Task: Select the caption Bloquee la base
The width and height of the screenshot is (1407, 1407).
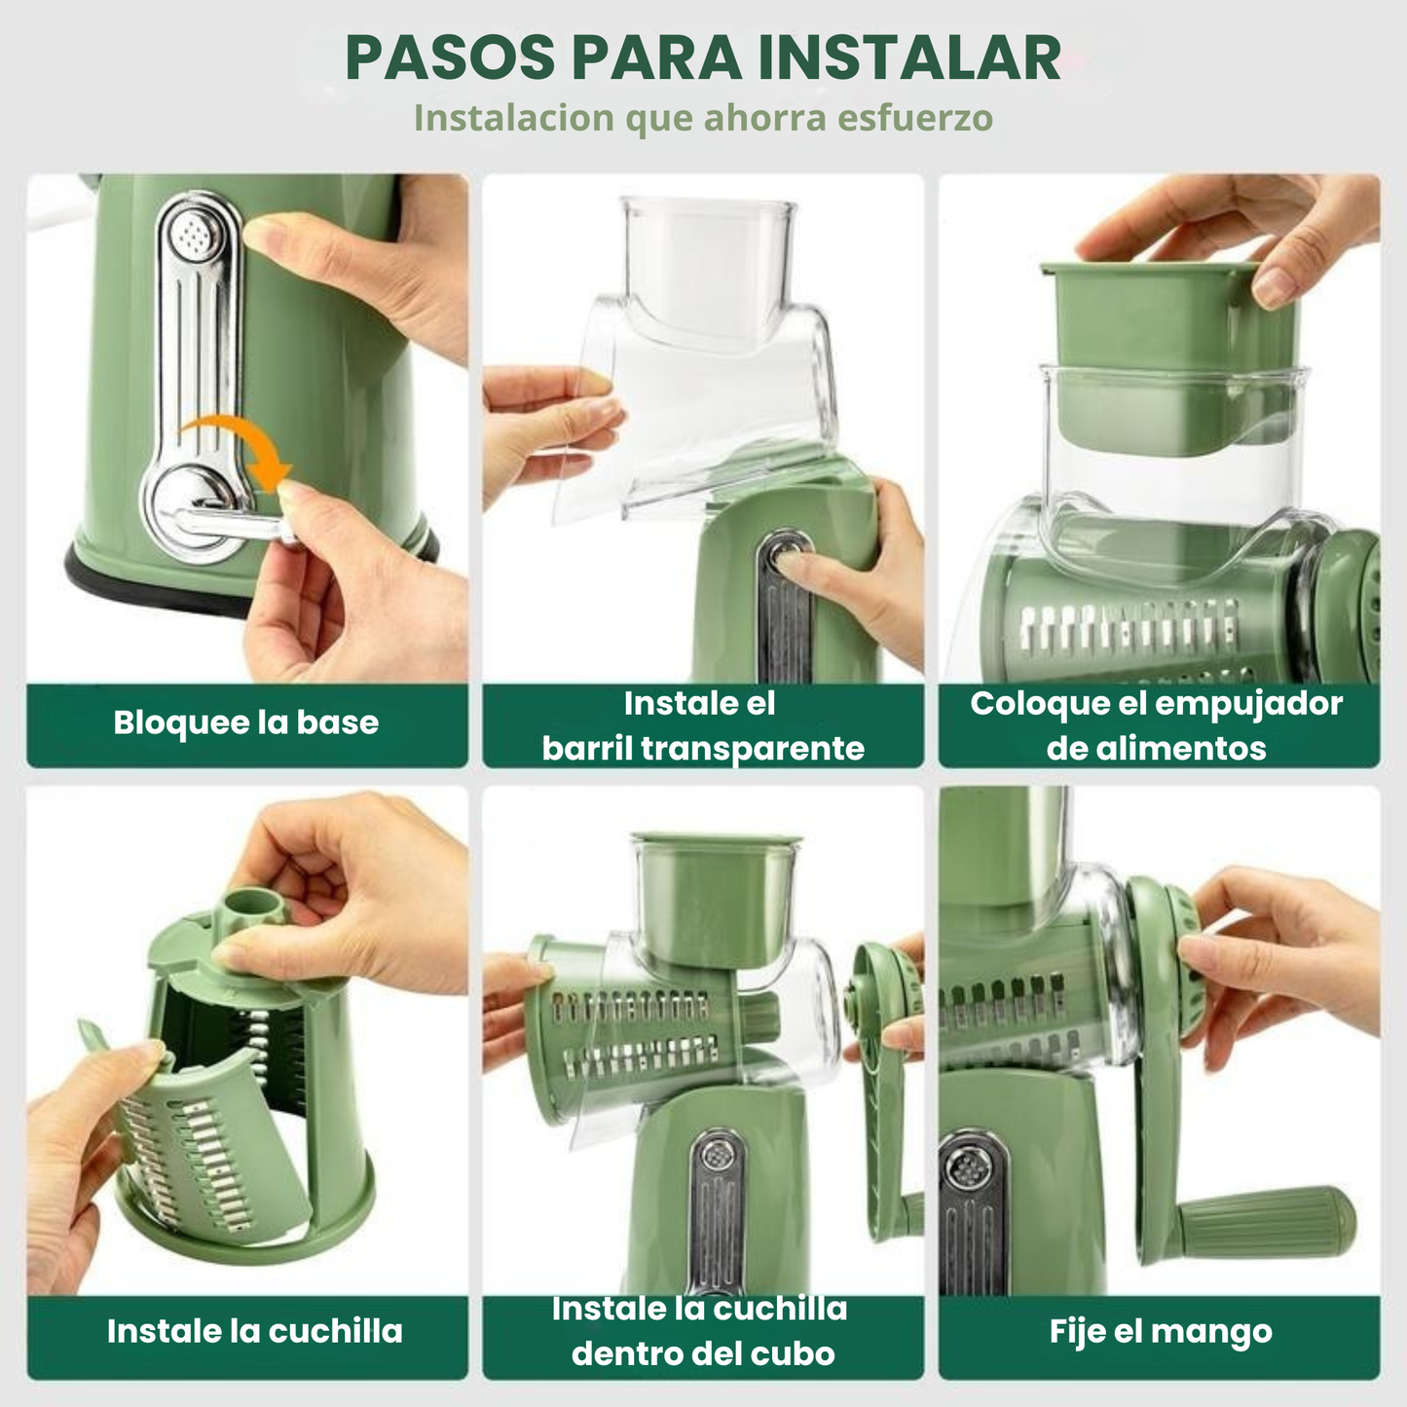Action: (x=245, y=722)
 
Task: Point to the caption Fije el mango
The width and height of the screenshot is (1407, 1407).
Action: (x=1160, y=1331)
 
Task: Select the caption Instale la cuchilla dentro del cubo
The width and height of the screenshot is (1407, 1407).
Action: (x=702, y=1331)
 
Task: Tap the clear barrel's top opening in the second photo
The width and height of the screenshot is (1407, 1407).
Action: (x=708, y=209)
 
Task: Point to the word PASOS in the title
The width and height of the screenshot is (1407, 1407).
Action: (x=449, y=58)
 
